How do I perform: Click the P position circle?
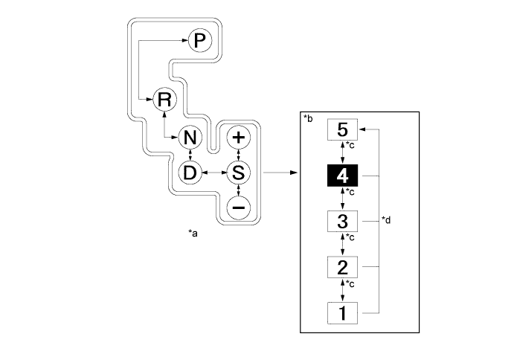[198, 41]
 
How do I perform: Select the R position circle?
[163, 99]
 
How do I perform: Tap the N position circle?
[191, 138]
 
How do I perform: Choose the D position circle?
[191, 173]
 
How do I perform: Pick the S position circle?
[238, 173]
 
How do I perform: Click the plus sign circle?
[238, 138]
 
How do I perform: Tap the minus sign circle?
[238, 208]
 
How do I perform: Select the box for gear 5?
[343, 129]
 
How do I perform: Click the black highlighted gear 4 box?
[343, 176]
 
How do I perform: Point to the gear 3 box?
[343, 221]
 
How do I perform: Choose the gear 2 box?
[343, 266]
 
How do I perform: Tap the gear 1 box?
[343, 312]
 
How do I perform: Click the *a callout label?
[193, 234]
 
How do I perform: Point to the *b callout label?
[309, 119]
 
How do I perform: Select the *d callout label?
[386, 220]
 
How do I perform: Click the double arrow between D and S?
[214, 173]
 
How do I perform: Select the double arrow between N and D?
[191, 155]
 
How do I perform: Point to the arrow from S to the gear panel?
[279, 173]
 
